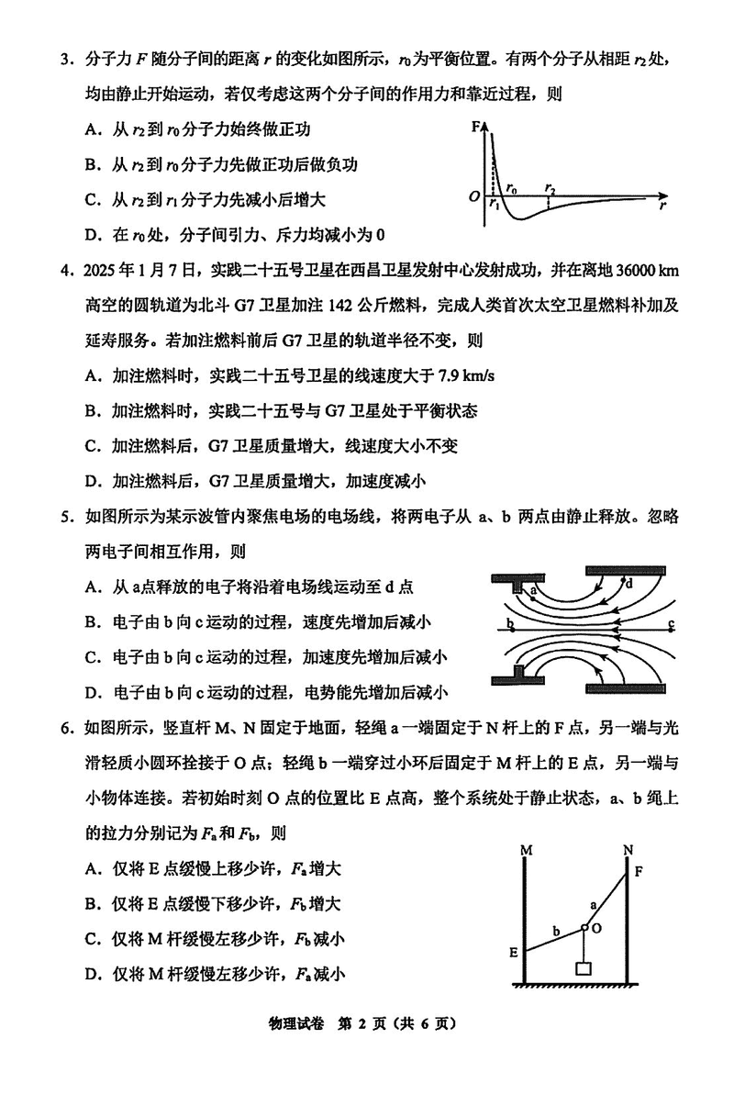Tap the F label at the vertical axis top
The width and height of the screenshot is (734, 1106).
[476, 126]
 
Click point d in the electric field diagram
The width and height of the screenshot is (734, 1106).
[629, 582]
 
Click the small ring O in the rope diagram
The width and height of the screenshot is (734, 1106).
[584, 928]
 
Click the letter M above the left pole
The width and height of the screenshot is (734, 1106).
[526, 850]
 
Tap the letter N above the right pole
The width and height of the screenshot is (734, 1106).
[628, 850]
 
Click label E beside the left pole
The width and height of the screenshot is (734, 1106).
[514, 953]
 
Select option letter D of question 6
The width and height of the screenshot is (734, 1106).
[92, 974]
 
